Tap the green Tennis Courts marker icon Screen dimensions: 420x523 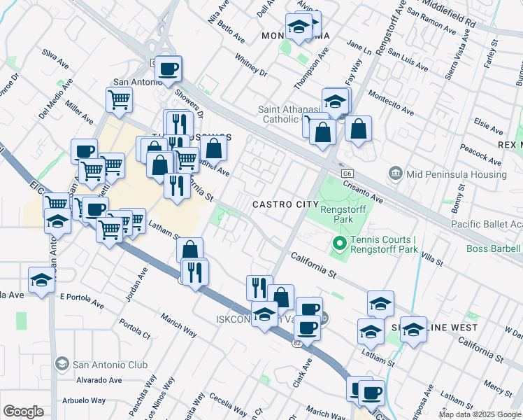pos(340,244)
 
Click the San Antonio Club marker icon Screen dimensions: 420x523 pos(62,364)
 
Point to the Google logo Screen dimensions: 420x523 pos(23,412)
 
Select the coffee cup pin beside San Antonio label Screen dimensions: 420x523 pos(169,69)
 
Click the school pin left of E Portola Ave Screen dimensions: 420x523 pos(42,280)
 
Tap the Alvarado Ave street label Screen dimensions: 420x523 pos(99,380)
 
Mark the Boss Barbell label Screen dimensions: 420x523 pos(494,248)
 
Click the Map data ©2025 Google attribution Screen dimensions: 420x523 pos(480,414)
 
